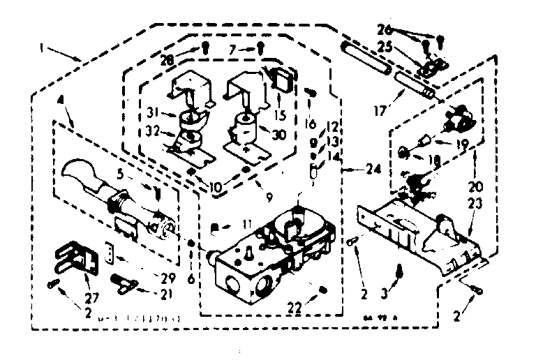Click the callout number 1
43,51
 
